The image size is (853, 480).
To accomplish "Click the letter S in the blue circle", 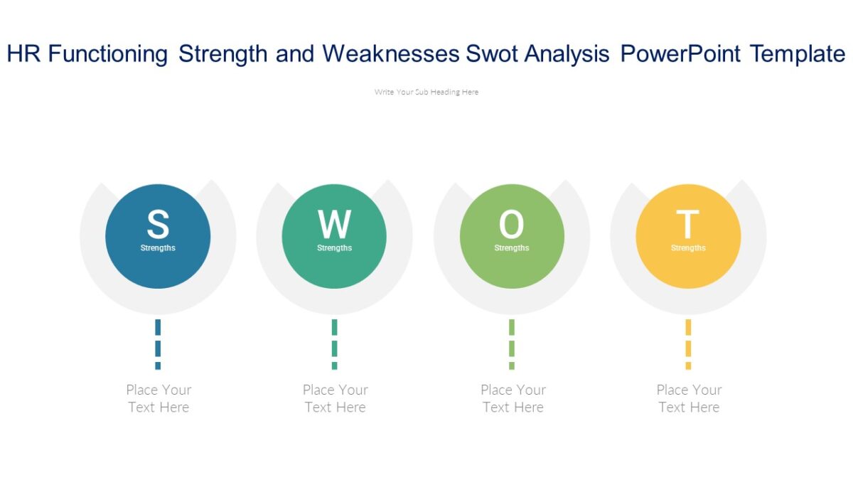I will (158, 225).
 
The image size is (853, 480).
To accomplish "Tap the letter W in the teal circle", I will (334, 225).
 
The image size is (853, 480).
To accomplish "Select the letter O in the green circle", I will (511, 225).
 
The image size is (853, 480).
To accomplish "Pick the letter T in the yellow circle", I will (687, 225).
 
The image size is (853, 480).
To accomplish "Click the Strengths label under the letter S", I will (158, 248).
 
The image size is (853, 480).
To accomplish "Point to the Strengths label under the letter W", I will (334, 248).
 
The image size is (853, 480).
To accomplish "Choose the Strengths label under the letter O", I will (511, 248).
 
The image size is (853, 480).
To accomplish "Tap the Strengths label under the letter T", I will (688, 248).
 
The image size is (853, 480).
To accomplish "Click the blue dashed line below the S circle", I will (158, 344).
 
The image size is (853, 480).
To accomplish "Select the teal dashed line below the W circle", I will (334, 344).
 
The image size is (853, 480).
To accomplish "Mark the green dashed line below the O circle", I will (511, 344).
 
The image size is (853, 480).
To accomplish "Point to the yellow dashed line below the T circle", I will (688, 344).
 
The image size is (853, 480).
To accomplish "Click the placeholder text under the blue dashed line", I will (159, 398).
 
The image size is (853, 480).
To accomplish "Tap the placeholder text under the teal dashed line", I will (335, 398).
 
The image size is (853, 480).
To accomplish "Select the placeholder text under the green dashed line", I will (513, 398).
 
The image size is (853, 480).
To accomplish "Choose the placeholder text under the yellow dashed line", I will (689, 398).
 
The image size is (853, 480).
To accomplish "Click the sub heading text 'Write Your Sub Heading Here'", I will (426, 92).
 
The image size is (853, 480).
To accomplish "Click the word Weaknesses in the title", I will (390, 54).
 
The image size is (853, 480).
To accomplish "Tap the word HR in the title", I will (23, 54).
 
